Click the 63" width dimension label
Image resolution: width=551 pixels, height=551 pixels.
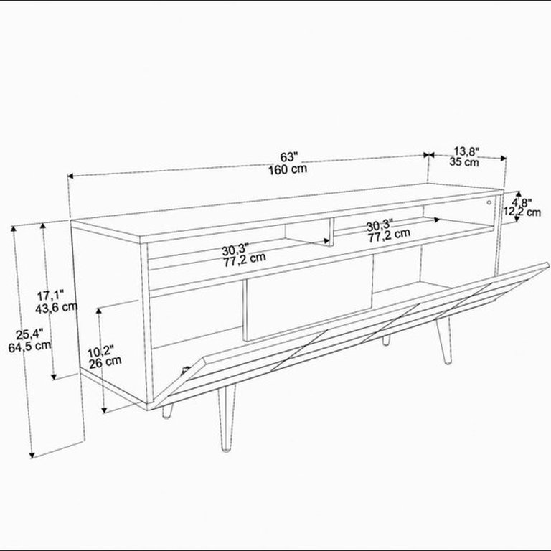(289, 156)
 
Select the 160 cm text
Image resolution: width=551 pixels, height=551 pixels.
(288, 169)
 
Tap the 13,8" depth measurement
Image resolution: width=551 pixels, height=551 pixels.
(466, 152)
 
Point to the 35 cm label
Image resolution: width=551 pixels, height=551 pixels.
(464, 162)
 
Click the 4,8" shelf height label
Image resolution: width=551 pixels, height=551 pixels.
(522, 203)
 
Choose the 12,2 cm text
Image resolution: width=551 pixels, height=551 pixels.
(522, 212)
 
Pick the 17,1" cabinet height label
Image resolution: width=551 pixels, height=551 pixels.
(51, 295)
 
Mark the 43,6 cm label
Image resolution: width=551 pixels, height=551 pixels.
(56, 308)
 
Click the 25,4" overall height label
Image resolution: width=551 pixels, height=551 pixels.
(29, 334)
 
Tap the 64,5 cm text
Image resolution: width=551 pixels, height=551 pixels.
(29, 347)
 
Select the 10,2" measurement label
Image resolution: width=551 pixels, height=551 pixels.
(100, 352)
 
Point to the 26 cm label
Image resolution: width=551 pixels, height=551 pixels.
(105, 362)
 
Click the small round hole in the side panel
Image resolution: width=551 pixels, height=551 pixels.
(489, 202)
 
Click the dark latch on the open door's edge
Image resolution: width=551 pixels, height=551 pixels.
(184, 370)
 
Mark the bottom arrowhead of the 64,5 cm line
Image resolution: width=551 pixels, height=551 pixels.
(32, 456)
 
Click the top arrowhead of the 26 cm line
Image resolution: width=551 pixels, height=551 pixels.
(99, 311)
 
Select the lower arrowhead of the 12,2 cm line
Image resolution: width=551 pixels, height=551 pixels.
(517, 219)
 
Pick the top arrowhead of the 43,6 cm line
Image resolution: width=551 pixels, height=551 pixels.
(44, 225)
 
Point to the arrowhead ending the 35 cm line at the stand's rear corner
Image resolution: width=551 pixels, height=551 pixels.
(503, 158)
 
